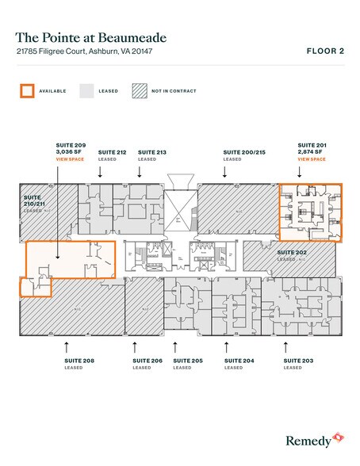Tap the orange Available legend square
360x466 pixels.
pyautogui.click(x=27, y=90)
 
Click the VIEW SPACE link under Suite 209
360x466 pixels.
pyautogui.click(x=70, y=159)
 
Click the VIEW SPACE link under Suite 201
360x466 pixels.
pyautogui.click(x=312, y=159)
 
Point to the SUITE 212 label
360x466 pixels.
pyautogui.click(x=112, y=151)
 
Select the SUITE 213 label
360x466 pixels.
pyautogui.click(x=151, y=151)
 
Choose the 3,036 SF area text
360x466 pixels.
pyautogui.click(x=70, y=152)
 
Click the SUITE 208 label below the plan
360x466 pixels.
pyautogui.click(x=79, y=361)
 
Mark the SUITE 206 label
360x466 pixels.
pyautogui.click(x=147, y=361)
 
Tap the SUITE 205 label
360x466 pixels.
pyautogui.click(x=187, y=361)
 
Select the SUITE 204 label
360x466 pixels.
pyautogui.click(x=239, y=361)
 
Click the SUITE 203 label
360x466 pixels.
pyautogui.click(x=298, y=361)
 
